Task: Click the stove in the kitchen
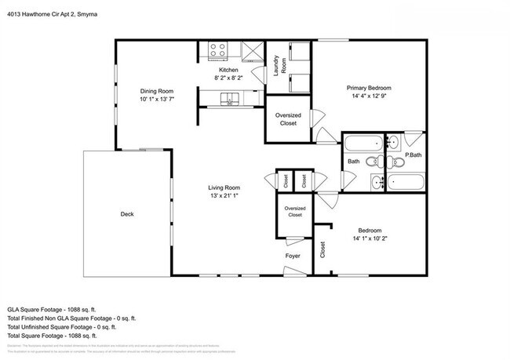click(217, 53)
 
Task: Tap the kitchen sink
click(230, 98)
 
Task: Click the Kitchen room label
click(228, 71)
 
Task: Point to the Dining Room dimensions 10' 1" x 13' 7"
click(157, 99)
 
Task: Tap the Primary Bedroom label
click(369, 88)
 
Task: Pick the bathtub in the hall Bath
click(362, 144)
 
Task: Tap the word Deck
click(127, 214)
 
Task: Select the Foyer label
click(293, 256)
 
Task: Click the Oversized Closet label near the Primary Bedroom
click(288, 119)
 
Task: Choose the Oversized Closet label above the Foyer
click(295, 211)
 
